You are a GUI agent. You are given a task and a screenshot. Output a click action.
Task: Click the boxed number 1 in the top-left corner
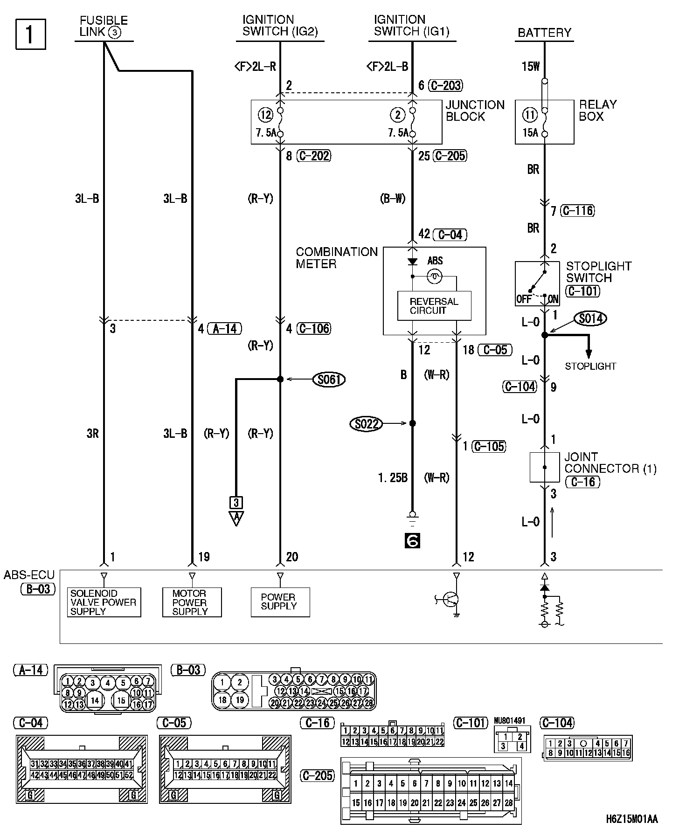click(31, 34)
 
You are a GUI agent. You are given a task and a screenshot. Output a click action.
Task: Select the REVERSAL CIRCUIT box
click(434, 306)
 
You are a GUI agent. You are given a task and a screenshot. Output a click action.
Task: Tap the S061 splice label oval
click(329, 380)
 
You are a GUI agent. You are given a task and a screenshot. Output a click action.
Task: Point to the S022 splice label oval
click(366, 424)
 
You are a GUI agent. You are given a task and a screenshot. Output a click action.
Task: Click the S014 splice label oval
click(591, 318)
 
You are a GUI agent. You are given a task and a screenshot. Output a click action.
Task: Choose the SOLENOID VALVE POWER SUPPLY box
click(104, 602)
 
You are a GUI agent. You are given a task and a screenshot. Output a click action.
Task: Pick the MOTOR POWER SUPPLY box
click(192, 602)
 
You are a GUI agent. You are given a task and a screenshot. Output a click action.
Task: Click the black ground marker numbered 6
click(413, 540)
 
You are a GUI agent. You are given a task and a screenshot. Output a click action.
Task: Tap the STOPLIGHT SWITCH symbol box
click(537, 283)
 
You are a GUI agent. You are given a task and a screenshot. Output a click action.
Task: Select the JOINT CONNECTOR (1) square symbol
click(544, 467)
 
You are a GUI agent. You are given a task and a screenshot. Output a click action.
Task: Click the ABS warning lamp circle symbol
click(435, 277)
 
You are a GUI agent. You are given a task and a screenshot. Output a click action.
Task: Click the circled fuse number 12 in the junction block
click(264, 115)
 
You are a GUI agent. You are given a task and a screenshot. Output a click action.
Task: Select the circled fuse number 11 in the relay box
click(530, 115)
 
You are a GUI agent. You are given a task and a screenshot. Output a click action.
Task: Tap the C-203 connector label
click(446, 85)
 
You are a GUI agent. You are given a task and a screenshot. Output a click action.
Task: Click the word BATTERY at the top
click(544, 33)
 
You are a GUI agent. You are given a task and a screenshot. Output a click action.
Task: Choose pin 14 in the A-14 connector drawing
click(95, 700)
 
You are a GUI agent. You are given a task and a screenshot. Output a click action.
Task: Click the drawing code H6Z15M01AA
click(632, 819)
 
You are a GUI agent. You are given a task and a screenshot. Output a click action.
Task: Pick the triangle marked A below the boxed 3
click(236, 518)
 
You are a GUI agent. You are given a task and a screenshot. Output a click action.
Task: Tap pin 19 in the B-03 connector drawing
click(240, 699)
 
